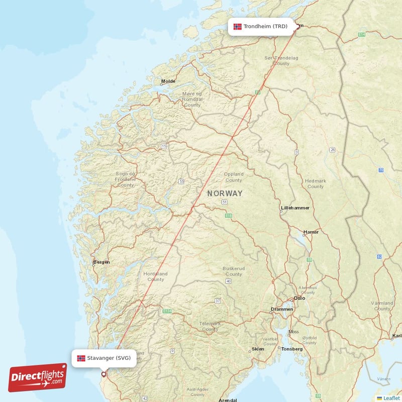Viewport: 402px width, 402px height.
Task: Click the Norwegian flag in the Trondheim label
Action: point(238,26)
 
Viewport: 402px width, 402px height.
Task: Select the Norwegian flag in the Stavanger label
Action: point(81,358)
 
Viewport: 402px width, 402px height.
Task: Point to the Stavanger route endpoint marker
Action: point(104,374)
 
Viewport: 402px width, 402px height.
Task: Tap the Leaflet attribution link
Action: point(391,398)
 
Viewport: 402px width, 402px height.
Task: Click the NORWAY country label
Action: point(225,193)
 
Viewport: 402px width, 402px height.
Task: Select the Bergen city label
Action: point(102,262)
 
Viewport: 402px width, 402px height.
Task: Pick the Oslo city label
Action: point(299,298)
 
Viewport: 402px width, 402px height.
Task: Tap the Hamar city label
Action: point(311,232)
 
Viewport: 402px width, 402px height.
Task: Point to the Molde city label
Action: point(168,81)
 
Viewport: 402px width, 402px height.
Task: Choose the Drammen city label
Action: point(281,309)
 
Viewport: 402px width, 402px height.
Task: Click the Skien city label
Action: point(258,349)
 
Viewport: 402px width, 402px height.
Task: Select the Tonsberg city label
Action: point(291,349)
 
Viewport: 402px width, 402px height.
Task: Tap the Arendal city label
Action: point(227,400)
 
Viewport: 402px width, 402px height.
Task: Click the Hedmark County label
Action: point(315,183)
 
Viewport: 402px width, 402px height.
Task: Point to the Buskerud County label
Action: point(234,271)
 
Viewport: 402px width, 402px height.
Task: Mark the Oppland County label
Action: point(234,177)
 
